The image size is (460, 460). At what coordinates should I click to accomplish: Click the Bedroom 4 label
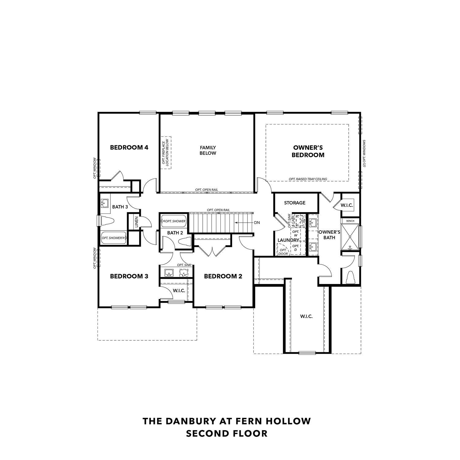pyautogui.click(x=129, y=148)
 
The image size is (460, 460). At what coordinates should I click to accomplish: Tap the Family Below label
pyautogui.click(x=208, y=150)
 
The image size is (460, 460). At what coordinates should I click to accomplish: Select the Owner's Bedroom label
pyautogui.click(x=308, y=151)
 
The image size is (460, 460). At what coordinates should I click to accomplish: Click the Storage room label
pyautogui.click(x=294, y=203)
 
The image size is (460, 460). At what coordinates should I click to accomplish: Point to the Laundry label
pyautogui.click(x=288, y=240)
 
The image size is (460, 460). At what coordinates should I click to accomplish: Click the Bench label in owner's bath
pyautogui.click(x=350, y=221)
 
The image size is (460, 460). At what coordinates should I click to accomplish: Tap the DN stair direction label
pyautogui.click(x=257, y=222)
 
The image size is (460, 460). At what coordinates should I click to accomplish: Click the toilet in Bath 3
pyautogui.click(x=107, y=220)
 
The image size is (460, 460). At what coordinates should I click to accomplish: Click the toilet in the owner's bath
pyautogui.click(x=350, y=278)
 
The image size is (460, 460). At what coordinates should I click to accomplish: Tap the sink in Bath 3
pyautogui.click(x=105, y=203)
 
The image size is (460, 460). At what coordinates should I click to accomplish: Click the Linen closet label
pyautogui.click(x=136, y=222)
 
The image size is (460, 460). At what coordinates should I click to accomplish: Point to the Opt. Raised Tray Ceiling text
pyautogui.click(x=308, y=179)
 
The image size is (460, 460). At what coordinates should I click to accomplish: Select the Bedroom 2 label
pyautogui.click(x=223, y=276)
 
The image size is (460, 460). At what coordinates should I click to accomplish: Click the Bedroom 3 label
pyautogui.click(x=129, y=276)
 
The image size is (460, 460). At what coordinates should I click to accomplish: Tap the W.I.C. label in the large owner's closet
pyautogui.click(x=306, y=316)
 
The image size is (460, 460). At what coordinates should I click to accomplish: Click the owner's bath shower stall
pyautogui.click(x=350, y=236)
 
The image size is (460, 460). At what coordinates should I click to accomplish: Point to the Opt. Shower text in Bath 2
pyautogui.click(x=175, y=221)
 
